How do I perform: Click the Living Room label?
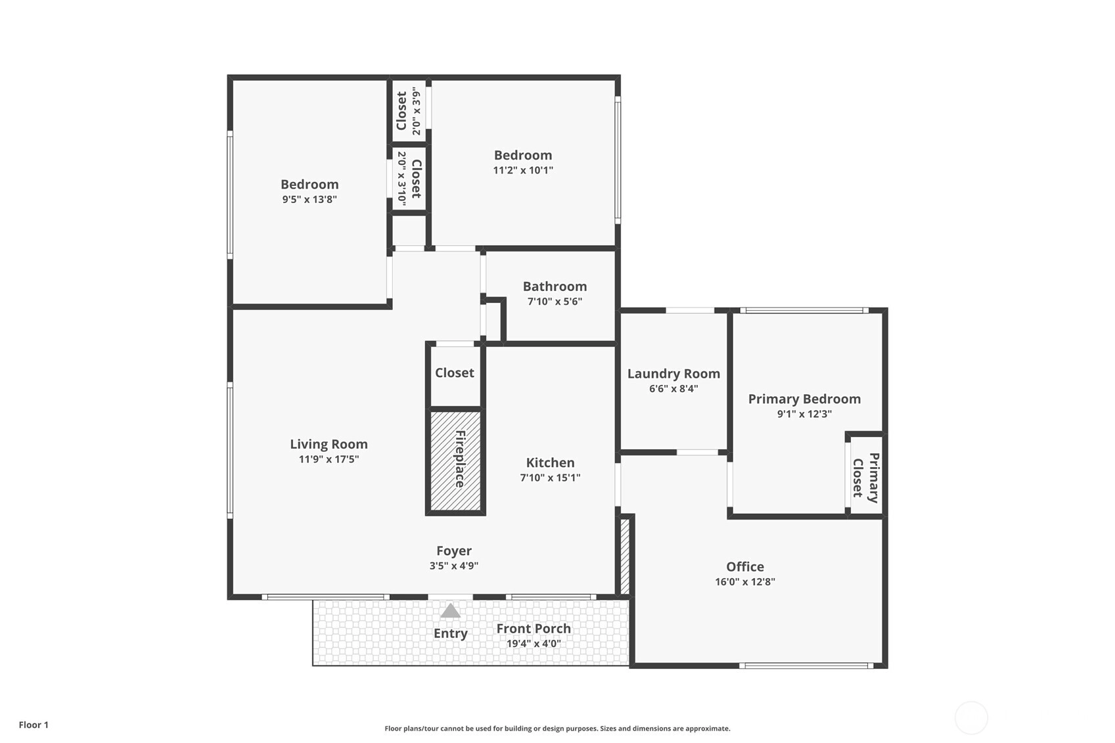click(x=329, y=444)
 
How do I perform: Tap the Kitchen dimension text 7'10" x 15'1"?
click(x=550, y=478)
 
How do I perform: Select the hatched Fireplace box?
click(x=455, y=461)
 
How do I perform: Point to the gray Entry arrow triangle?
click(x=450, y=610)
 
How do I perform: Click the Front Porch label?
click(x=534, y=629)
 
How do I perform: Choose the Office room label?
click(x=744, y=567)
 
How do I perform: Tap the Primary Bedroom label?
click(x=804, y=399)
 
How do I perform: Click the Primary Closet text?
click(x=865, y=478)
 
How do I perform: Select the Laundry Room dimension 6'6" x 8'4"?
click(x=673, y=389)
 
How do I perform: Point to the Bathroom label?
click(x=555, y=286)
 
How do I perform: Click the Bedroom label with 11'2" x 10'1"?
click(x=522, y=155)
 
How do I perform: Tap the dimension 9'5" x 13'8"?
click(x=309, y=200)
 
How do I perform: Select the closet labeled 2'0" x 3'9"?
click(x=407, y=110)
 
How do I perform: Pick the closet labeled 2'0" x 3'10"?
click(x=409, y=179)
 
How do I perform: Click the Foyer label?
click(x=454, y=551)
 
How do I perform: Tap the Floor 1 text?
click(x=34, y=725)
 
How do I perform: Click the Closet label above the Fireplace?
click(x=455, y=372)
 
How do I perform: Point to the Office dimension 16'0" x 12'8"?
click(x=745, y=582)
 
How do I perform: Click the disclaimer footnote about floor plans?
click(x=557, y=729)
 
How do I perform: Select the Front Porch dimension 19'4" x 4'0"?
click(x=534, y=643)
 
